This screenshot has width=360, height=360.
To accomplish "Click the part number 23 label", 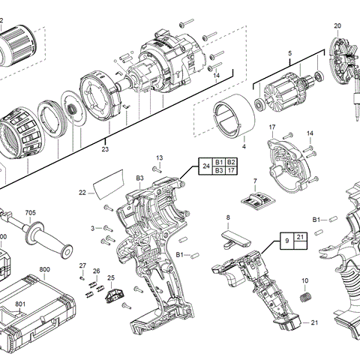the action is [x=105, y=149].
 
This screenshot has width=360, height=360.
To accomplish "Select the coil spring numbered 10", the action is [x=305, y=297].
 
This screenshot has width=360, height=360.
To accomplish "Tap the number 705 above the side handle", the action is [x=31, y=213].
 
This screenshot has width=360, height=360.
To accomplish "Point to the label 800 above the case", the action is [x=44, y=269].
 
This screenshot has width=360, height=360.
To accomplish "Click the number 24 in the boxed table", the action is [x=206, y=166].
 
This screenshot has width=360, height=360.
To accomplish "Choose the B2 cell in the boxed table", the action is [x=231, y=162].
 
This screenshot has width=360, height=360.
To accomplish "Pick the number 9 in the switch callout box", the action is [x=287, y=241].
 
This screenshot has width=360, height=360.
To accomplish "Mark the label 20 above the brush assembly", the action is [x=337, y=25].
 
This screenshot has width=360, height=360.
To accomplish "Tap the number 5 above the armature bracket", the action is [x=289, y=53].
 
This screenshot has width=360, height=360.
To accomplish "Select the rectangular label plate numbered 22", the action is [x=109, y=184].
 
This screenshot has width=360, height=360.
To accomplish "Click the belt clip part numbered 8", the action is [x=235, y=239].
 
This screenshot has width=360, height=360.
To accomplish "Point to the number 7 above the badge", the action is [x=255, y=181].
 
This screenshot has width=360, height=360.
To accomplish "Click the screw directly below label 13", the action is [x=157, y=169].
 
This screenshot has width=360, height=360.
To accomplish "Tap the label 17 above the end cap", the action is [x=272, y=127].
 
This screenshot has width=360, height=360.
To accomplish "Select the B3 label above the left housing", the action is [x=139, y=178].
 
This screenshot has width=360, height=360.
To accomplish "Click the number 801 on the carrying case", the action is [x=20, y=304].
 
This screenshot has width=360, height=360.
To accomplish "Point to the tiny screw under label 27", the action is [x=82, y=278].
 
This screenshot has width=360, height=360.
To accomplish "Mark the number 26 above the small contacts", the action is [x=97, y=271].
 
